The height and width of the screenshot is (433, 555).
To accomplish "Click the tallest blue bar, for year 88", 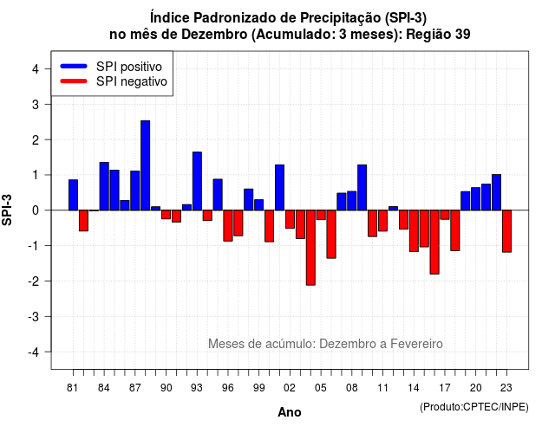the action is (145, 165).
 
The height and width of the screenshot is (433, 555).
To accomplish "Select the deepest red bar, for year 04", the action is (310, 248).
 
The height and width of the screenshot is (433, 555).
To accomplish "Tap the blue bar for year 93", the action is (197, 181).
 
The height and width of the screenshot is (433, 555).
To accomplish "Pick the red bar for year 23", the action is (506, 231).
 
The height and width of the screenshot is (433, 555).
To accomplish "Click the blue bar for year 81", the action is (73, 195).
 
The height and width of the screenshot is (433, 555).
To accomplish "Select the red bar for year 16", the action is (434, 242).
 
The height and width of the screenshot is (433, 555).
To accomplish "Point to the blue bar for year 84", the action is (104, 186).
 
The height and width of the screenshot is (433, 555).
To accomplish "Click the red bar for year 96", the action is (228, 225).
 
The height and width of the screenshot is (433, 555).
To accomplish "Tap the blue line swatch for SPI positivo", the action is (74, 66).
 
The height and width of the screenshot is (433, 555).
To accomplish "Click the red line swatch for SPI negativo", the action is (74, 81).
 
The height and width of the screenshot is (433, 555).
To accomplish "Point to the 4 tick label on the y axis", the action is (36, 69).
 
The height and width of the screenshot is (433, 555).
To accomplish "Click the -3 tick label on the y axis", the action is (34, 316).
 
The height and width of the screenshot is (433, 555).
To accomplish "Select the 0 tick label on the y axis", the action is (36, 210).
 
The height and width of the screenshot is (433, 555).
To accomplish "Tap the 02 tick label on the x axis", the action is (290, 388).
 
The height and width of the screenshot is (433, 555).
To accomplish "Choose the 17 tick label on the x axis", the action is (445, 388).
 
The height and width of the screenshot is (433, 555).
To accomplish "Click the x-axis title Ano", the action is (290, 412).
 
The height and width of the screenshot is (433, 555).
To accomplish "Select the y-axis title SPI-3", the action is (7, 210).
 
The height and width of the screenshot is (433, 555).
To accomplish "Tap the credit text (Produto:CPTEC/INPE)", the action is (474, 407).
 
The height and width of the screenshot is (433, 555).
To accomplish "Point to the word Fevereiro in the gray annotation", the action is (416, 344).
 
